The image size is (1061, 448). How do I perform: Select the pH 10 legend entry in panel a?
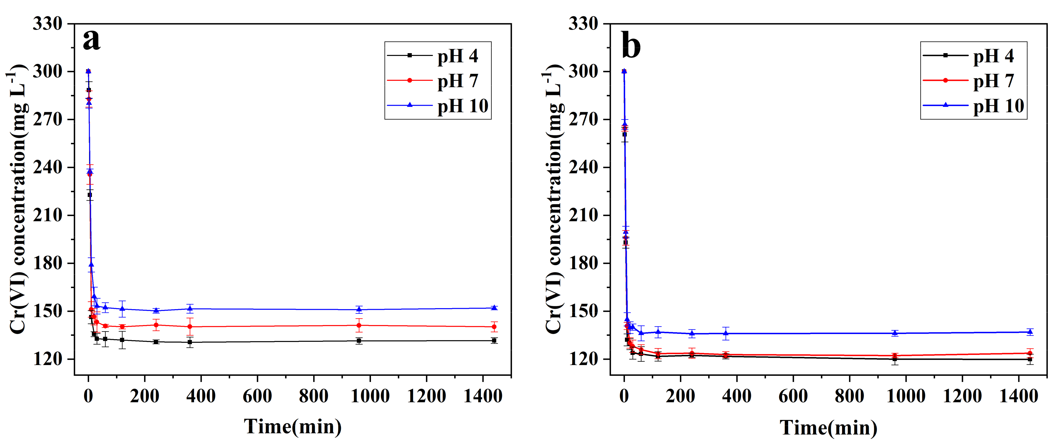tap(462, 106)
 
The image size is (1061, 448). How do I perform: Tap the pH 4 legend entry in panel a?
tap(457, 56)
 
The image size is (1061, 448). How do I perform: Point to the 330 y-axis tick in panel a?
tap(47, 23)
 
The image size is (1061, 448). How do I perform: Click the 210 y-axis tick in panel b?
tap(583, 215)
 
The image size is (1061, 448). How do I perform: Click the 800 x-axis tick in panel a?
tap(314, 396)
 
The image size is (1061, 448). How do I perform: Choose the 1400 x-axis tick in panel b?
tap(1018, 396)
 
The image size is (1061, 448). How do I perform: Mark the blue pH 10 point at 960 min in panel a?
tap(359, 309)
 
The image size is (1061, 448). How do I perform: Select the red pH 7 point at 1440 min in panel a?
tap(494, 327)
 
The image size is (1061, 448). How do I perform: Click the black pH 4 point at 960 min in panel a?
tap(359, 341)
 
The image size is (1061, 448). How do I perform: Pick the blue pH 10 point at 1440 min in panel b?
tap(1030, 332)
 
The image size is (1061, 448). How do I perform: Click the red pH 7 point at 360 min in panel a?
tap(190, 326)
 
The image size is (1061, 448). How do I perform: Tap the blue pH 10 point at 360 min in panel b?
tap(726, 333)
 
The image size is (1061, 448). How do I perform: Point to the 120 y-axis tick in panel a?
tap(47, 359)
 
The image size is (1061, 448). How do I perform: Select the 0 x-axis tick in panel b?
tap(624, 396)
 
